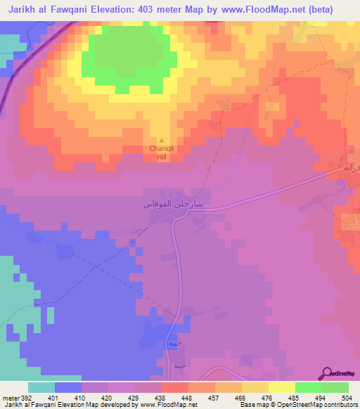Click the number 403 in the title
coord(164,8)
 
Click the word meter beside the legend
coord(9,397)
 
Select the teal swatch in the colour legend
coord(41,387)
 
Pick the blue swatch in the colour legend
coord(68,387)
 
